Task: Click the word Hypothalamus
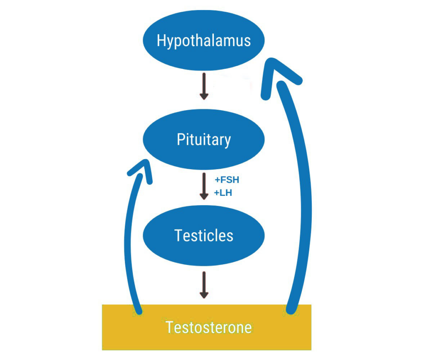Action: (204, 41)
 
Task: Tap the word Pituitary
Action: (204, 139)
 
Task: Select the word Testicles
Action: (204, 235)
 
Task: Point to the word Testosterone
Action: (208, 328)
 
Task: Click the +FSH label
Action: (227, 180)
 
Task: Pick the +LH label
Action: (223, 193)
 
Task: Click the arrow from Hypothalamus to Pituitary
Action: (204, 86)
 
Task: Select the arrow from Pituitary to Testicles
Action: (204, 186)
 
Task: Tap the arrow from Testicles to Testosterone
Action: (204, 285)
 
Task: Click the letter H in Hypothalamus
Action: (161, 41)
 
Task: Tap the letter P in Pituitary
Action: (180, 139)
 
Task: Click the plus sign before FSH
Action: (217, 180)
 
